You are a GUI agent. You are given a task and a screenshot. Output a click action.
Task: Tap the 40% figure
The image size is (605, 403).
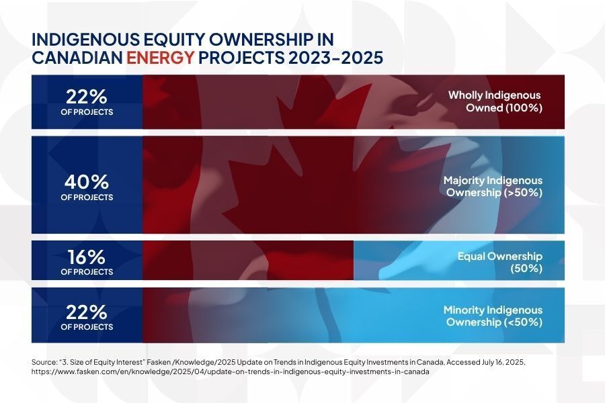[x=87, y=182]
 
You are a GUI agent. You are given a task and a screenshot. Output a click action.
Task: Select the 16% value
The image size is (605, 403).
[x=87, y=257]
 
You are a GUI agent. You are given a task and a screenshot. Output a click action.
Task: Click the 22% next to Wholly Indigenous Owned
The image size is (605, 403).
[x=87, y=97]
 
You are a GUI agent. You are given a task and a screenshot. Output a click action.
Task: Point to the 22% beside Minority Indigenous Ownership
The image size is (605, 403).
[x=87, y=312]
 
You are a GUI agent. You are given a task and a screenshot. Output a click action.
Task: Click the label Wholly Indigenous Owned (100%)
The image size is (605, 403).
[x=495, y=101]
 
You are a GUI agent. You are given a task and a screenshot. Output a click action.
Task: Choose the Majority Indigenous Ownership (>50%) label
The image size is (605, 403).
[x=492, y=187]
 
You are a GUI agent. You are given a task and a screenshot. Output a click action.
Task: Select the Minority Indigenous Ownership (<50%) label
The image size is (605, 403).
[x=492, y=316]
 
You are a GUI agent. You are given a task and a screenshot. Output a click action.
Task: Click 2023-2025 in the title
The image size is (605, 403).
[x=336, y=58]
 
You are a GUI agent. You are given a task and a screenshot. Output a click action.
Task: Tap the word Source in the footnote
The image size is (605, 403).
[x=44, y=361]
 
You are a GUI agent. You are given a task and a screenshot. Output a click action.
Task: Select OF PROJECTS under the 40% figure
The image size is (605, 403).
[x=87, y=197]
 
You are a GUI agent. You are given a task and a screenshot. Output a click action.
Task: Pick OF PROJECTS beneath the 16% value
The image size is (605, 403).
[x=87, y=272]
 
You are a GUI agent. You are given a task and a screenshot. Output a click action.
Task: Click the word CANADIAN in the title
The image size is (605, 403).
[x=77, y=58]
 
